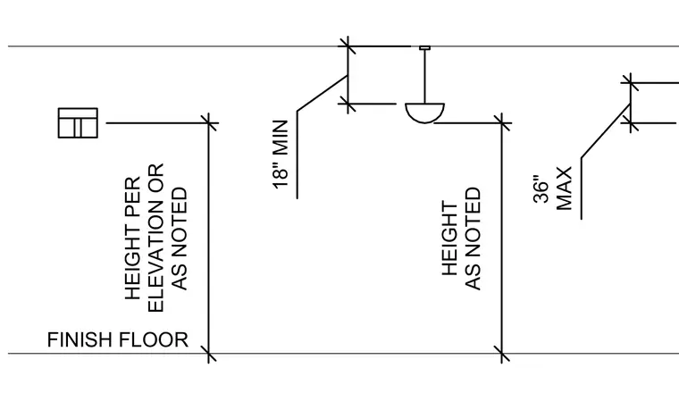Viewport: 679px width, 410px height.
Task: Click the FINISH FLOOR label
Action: pos(118,339)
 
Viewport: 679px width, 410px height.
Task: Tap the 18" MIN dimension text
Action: pos(281,155)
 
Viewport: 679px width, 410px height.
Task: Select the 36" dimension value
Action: pos(541,189)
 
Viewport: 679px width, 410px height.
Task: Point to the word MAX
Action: pos(565,188)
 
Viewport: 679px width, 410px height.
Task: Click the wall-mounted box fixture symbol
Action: pos(78,123)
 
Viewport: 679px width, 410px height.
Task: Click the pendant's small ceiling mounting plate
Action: pos(424,47)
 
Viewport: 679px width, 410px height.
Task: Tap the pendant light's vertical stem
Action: pos(424,76)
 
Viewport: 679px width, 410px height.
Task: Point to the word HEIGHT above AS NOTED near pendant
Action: pos(450,238)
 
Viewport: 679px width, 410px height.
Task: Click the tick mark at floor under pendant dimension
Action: pos(502,354)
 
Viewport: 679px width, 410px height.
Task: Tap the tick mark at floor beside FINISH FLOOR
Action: pos(209,354)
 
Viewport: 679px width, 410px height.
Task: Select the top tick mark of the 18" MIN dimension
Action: pos(348,46)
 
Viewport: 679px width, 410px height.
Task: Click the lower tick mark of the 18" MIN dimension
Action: pos(348,104)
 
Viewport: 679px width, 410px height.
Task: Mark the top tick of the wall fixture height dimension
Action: pos(209,123)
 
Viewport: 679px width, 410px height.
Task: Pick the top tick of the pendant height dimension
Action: pos(502,123)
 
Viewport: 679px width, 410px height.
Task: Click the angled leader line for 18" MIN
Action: pos(323,93)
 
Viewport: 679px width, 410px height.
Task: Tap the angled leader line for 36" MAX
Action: pos(606,130)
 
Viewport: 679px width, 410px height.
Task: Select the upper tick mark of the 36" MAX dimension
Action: pos(630,82)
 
